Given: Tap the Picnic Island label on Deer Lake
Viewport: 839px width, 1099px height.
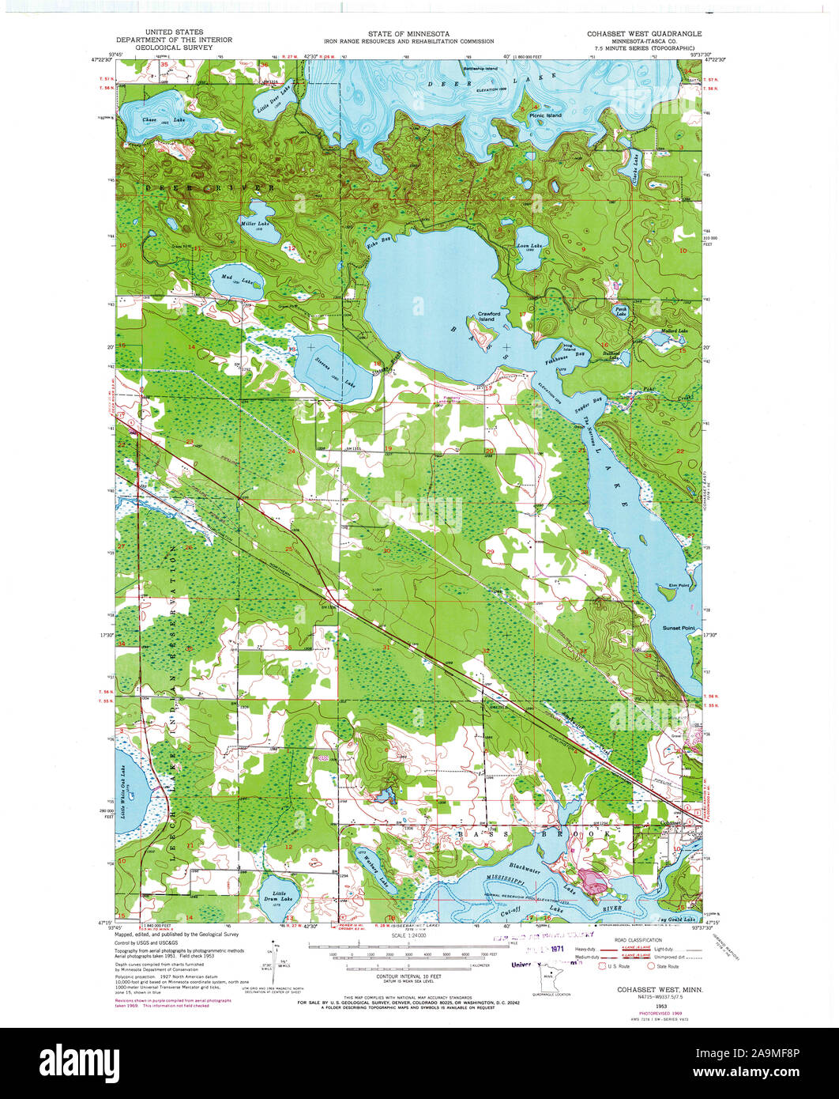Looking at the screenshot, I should click(545, 115).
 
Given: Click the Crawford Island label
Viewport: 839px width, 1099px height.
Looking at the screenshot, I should click(491, 316).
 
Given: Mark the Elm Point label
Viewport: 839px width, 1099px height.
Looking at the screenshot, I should click(679, 586).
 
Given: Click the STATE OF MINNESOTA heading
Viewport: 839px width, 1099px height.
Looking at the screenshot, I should click(408, 34).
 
